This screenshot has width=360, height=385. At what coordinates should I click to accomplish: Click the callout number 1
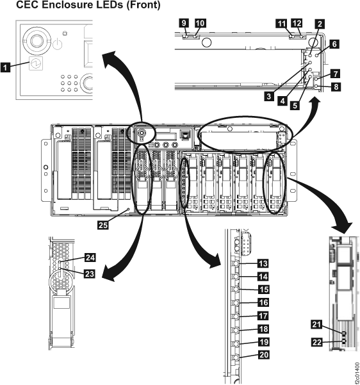[x=7, y=65]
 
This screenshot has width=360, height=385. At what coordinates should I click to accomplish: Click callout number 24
[x=90, y=259]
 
